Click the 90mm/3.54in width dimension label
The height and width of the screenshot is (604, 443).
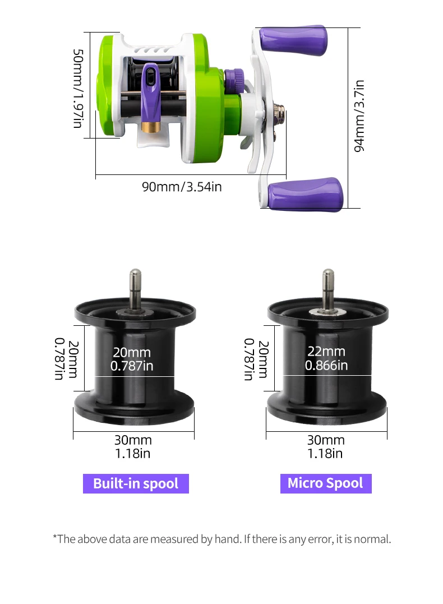pos(182,187)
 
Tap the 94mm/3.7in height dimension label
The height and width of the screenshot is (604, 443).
pos(359,116)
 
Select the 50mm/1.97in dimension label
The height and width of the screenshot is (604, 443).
pos(78,88)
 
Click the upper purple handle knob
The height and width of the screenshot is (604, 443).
pos(293,40)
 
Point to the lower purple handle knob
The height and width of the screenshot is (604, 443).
pos(305,195)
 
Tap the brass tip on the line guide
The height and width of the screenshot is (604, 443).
pos(151,127)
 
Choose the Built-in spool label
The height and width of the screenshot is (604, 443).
pos(136,483)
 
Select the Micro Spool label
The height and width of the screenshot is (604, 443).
pos(326,483)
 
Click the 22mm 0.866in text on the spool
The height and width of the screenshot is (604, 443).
pos(326,358)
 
